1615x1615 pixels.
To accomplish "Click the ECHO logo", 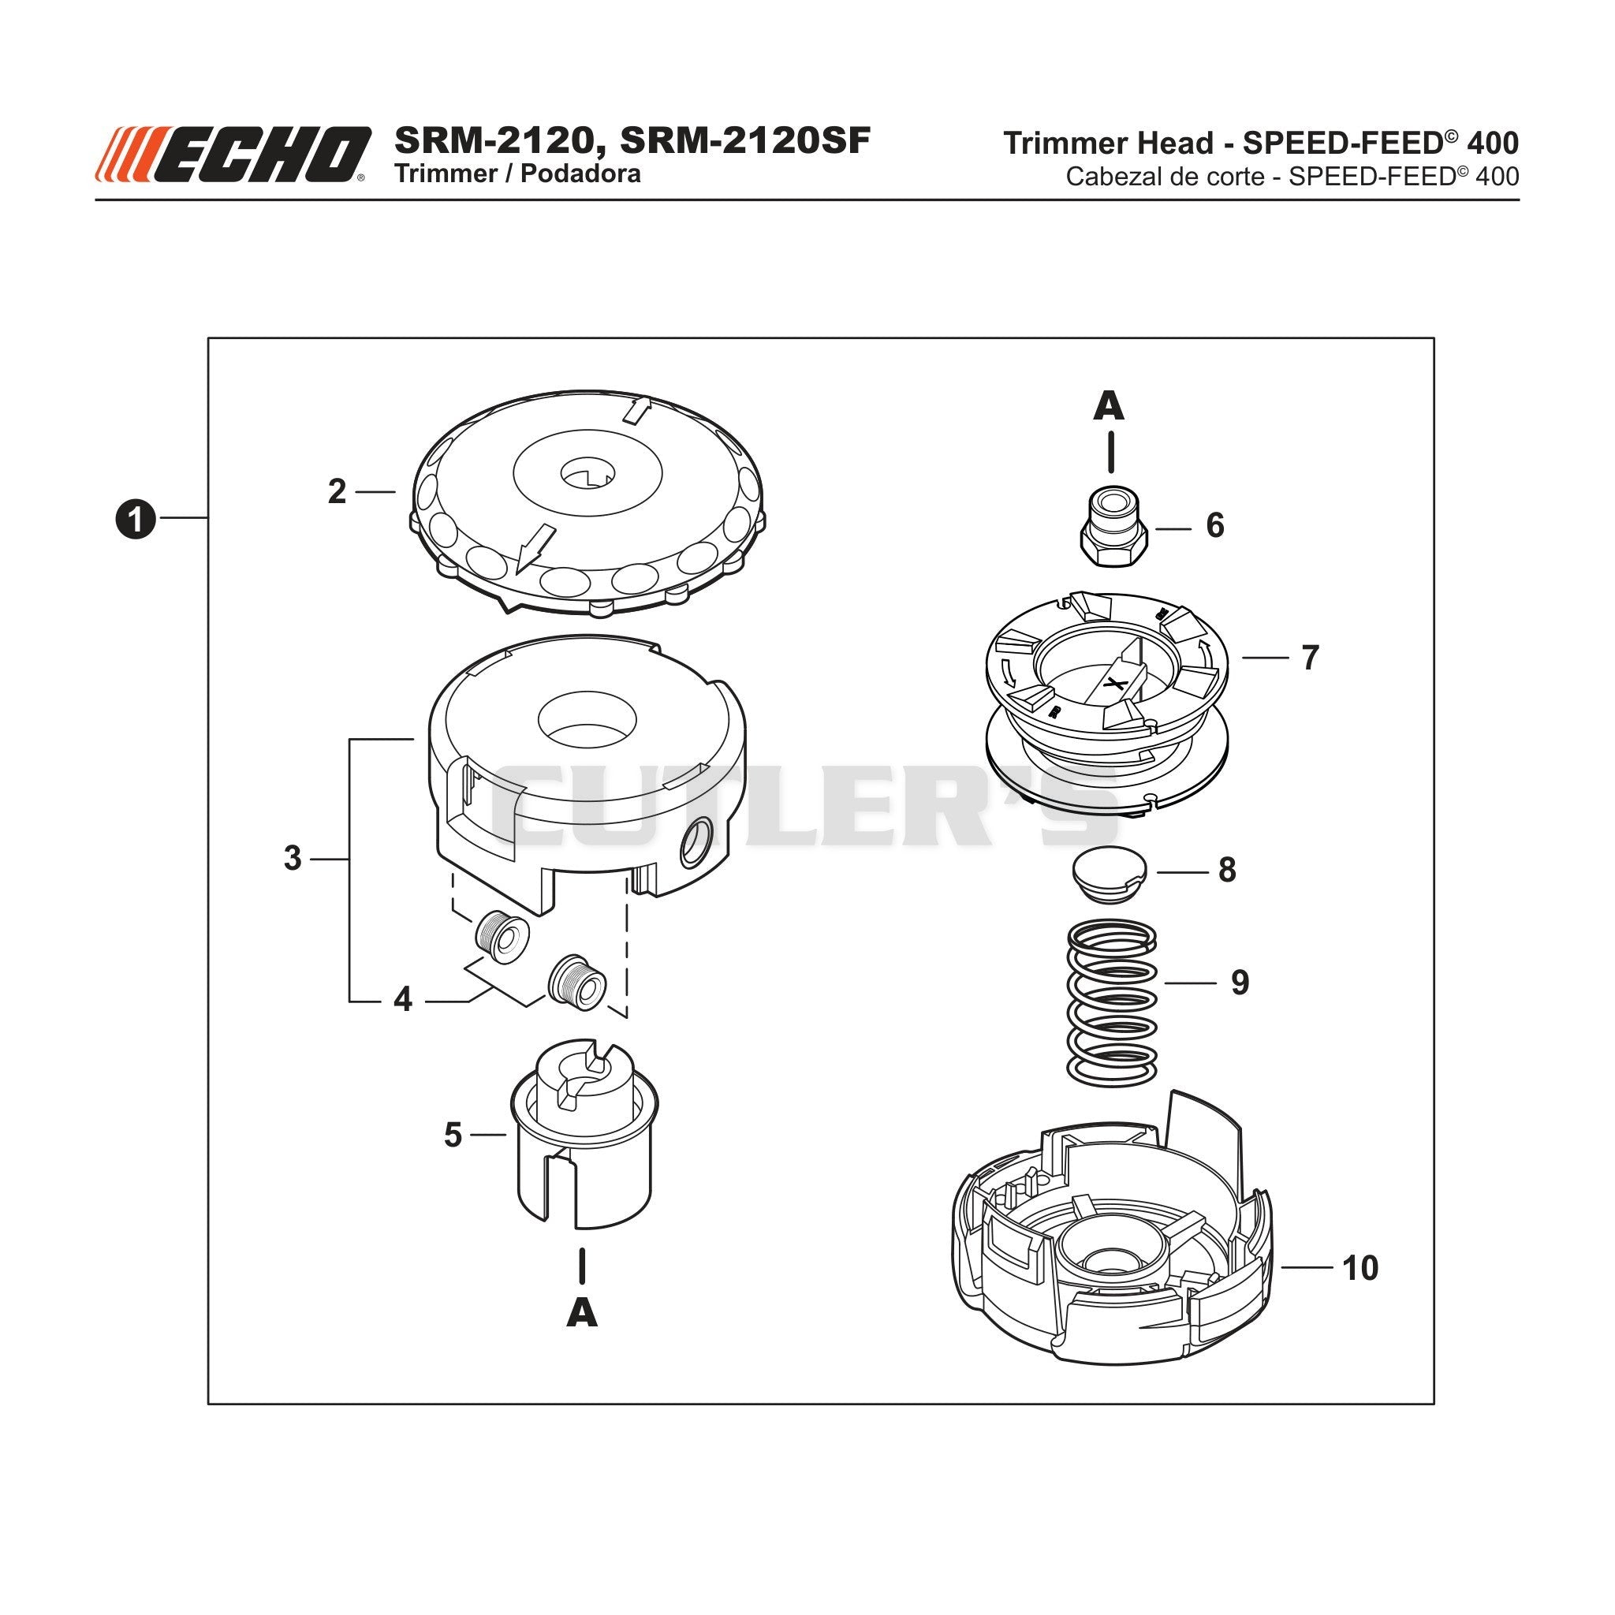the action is [233, 155].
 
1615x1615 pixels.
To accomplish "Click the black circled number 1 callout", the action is [135, 519].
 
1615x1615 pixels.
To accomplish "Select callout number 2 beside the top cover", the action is [337, 491].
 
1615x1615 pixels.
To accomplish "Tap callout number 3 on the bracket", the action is [293, 859].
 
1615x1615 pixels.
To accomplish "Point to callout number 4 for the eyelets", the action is [403, 1000].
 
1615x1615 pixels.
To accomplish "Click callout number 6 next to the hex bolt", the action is [1215, 526].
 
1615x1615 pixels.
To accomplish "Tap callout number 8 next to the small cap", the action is [1227, 871].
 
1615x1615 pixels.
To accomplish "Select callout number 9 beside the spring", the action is [1240, 983].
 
